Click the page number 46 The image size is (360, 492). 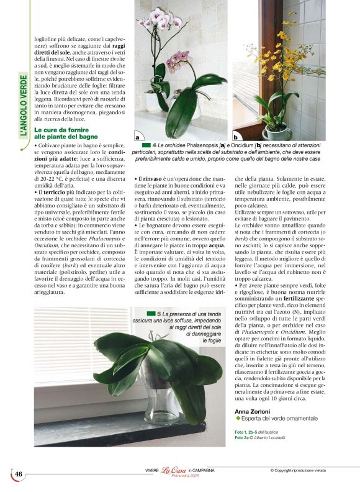click(19, 474)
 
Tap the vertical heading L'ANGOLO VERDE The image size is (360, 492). click(24, 106)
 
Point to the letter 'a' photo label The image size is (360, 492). click(137, 137)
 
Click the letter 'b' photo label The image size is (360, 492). click(235, 137)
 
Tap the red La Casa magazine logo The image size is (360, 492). click(174, 471)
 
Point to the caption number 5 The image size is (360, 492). click(159, 314)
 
